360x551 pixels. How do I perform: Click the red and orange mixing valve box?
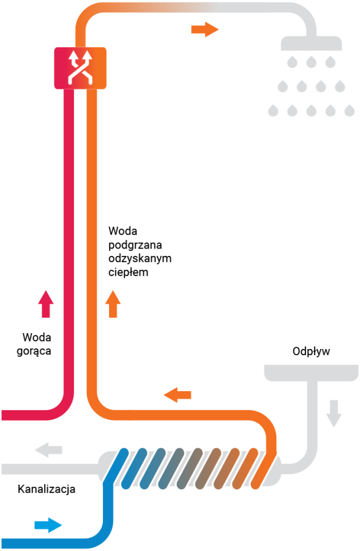(80, 68)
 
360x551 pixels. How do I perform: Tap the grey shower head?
(311, 43)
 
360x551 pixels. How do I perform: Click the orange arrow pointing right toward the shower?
(205, 29)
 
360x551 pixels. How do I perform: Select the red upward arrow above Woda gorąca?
(46, 304)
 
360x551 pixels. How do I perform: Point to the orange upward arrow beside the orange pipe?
(113, 304)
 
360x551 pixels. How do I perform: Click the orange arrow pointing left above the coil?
(178, 395)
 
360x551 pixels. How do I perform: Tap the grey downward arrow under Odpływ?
(334, 413)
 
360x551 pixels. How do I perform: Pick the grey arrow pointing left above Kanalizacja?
(48, 450)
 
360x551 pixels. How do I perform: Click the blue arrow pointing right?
(48, 525)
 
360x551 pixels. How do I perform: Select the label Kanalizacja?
(47, 489)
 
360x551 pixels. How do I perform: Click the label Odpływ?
(311, 351)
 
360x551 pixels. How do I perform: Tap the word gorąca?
(34, 351)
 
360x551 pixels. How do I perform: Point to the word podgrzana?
(135, 245)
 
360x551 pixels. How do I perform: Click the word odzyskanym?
(140, 258)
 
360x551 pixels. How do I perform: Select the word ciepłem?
(129, 272)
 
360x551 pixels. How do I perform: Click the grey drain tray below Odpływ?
(311, 373)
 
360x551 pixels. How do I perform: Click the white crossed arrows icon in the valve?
(80, 67)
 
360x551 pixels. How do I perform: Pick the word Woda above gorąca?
(37, 337)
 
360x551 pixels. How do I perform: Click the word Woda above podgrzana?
(122, 231)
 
